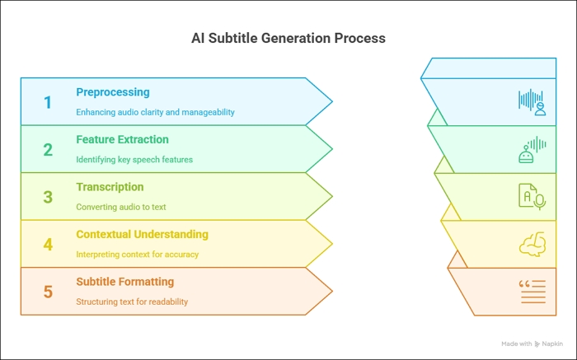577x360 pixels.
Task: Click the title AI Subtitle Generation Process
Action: pos(288,39)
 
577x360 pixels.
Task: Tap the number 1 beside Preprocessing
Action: pos(48,102)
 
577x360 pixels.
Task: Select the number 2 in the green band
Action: pos(48,150)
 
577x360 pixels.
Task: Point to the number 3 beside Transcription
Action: pos(48,197)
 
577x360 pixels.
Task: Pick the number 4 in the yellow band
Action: pos(48,245)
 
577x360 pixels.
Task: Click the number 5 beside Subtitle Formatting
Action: pos(48,292)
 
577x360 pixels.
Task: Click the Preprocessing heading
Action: pos(112,92)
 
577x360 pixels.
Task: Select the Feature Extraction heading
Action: pos(122,140)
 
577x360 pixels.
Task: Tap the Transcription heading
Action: pos(110,187)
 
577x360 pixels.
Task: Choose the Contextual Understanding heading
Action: pos(142,235)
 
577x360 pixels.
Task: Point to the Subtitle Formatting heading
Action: pos(124,282)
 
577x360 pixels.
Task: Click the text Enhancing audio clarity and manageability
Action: pos(155,112)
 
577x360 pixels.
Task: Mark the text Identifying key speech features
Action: pos(134,159)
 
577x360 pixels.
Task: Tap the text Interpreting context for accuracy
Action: pos(137,254)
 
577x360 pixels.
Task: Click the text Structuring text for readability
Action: pos(132,302)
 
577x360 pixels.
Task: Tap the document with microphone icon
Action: pos(532,196)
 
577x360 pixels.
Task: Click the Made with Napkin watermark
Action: pos(532,344)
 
